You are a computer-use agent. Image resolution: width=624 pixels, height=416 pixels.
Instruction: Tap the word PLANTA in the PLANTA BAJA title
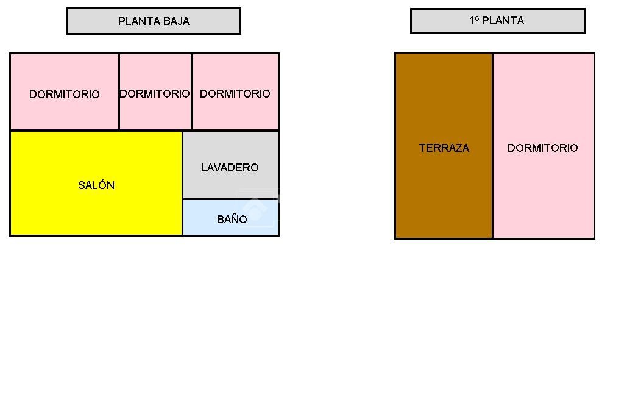point(140,21)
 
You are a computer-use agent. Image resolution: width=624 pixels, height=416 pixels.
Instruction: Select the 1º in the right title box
point(475,21)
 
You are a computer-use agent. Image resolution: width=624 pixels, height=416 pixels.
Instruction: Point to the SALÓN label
point(96,185)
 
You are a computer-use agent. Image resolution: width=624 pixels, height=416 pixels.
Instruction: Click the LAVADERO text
point(230,167)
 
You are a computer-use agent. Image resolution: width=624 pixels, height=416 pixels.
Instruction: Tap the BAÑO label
point(232,220)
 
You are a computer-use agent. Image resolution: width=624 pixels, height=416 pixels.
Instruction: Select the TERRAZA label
point(444,148)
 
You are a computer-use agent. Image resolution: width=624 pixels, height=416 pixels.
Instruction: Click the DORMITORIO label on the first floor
point(542,148)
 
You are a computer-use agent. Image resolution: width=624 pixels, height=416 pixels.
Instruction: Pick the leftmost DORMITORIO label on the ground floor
point(64,95)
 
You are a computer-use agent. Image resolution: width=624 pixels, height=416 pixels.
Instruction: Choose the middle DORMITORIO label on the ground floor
point(155,94)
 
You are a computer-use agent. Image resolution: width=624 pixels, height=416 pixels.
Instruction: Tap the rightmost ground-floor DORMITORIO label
point(235,94)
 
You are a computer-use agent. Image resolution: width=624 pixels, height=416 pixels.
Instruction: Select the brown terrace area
point(444,195)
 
